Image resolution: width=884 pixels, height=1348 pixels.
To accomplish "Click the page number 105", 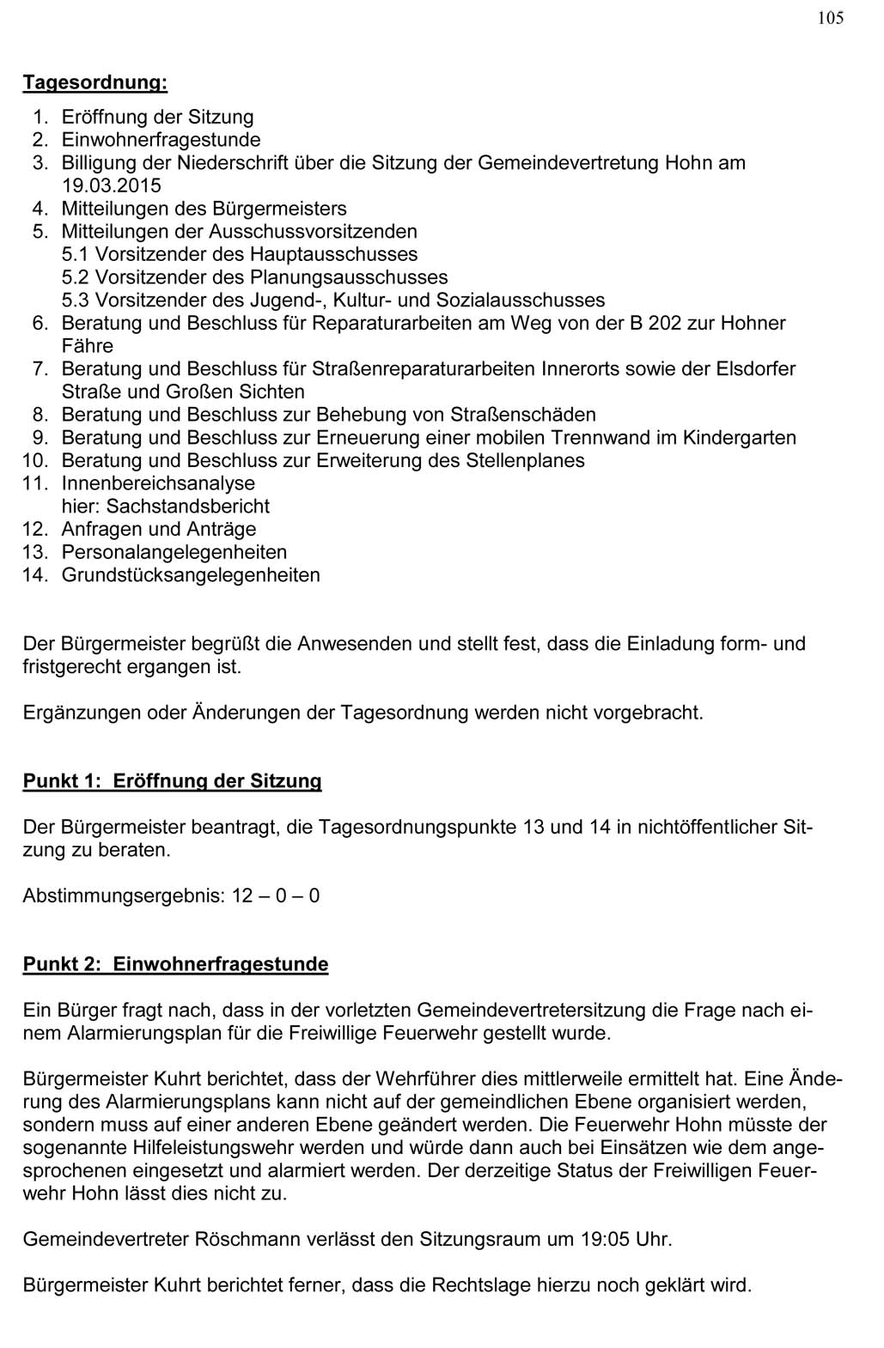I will [830, 18].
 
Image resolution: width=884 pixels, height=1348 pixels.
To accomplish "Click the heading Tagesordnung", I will [94, 83].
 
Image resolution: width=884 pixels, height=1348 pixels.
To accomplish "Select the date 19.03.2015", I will [111, 185].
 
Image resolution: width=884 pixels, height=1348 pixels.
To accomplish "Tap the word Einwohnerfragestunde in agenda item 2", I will [161, 140].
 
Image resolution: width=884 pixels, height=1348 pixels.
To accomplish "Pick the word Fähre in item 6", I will [87, 346].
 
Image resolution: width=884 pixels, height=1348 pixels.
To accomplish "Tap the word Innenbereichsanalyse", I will [158, 483].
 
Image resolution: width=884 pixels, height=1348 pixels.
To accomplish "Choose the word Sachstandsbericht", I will [187, 507].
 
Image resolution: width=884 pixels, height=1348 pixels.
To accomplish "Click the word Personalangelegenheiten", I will [174, 552].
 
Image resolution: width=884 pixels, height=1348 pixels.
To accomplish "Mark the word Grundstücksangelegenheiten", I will [191, 575].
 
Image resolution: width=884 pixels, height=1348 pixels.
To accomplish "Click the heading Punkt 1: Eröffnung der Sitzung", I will [172, 781].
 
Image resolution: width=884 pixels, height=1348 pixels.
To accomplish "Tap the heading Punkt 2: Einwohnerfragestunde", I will [175, 964].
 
